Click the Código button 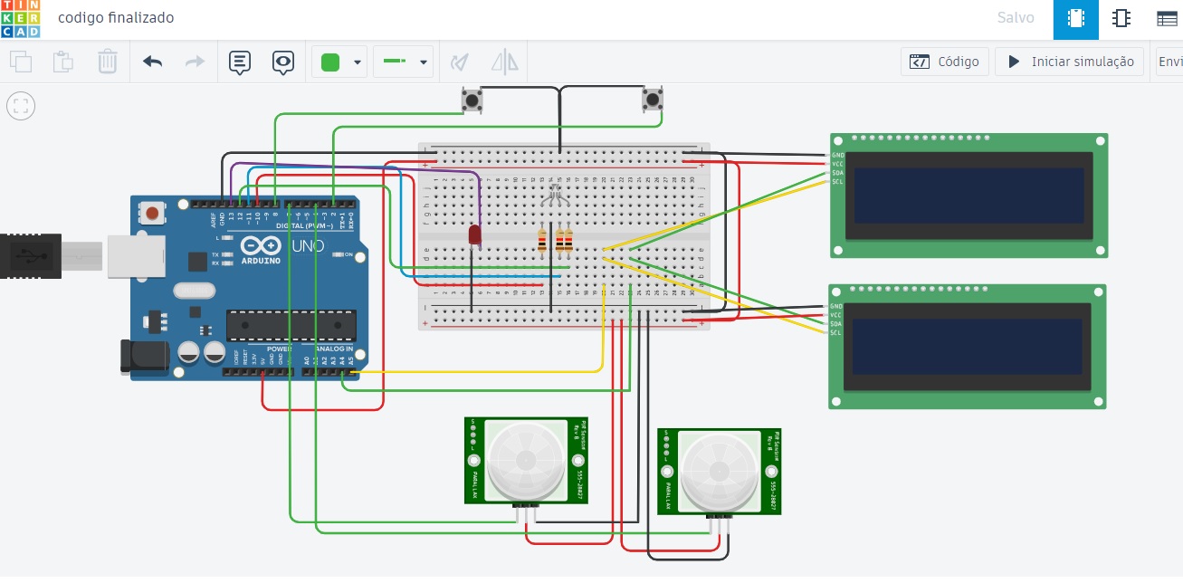click(945, 62)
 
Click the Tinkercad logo click(19, 19)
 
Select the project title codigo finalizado click(116, 18)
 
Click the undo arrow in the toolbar click(152, 62)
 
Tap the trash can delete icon click(107, 62)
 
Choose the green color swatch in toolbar click(330, 62)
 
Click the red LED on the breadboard click(474, 234)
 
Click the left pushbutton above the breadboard click(471, 99)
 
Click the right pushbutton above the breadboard click(652, 99)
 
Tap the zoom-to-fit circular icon click(21, 105)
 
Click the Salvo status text click(1016, 18)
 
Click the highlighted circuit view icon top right click(1075, 19)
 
